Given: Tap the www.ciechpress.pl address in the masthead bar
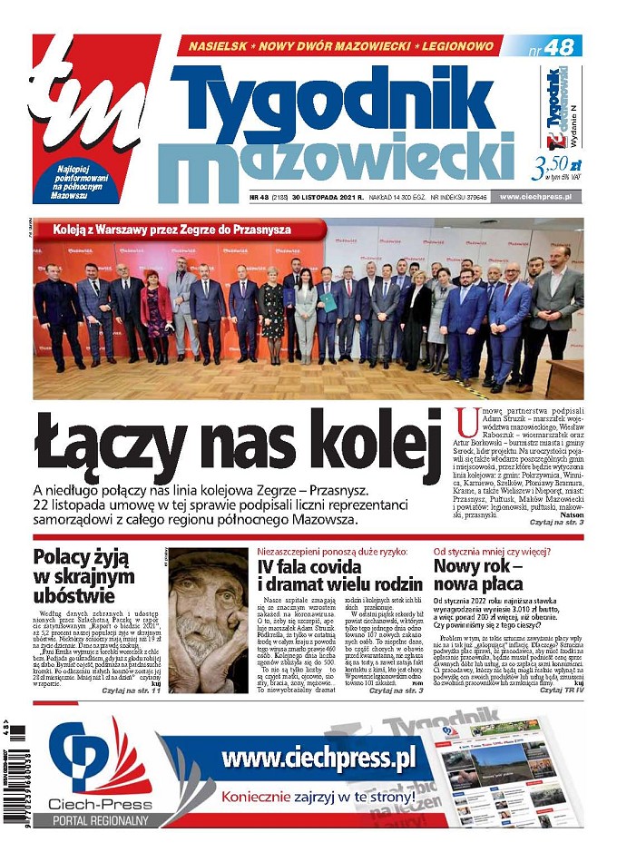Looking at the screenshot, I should [x=541, y=196].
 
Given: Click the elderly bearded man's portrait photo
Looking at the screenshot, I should [x=208, y=620].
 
